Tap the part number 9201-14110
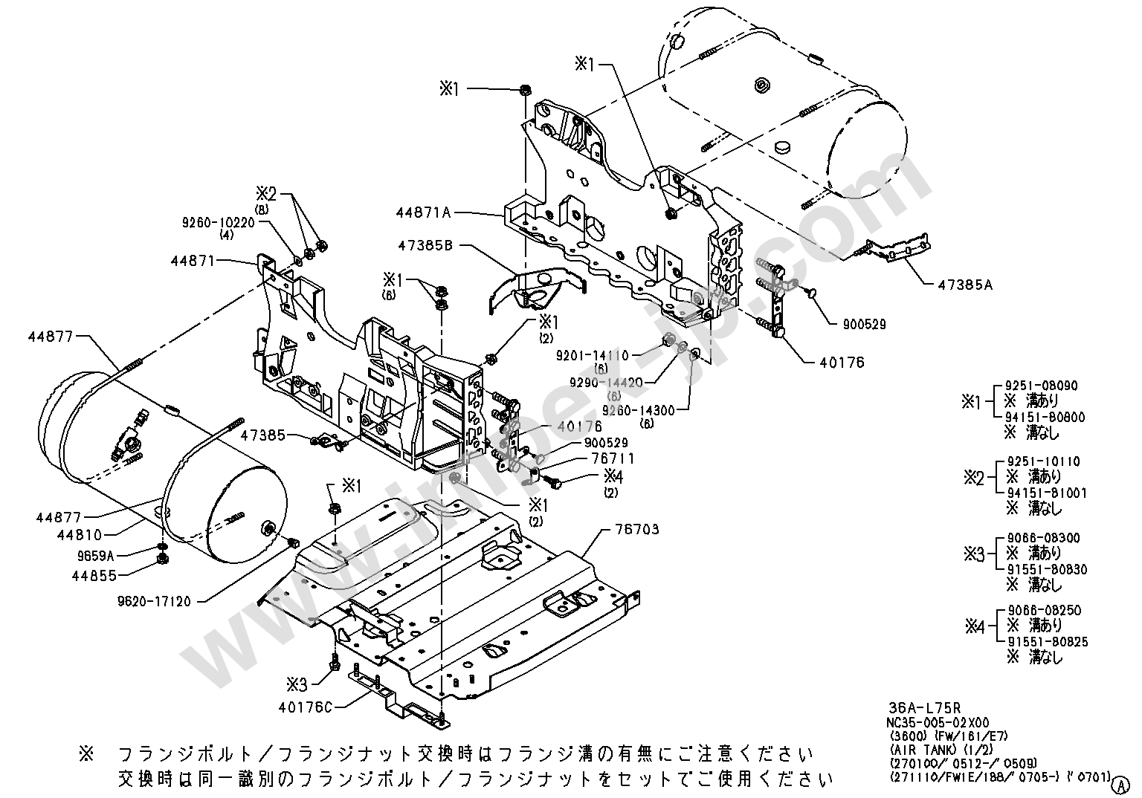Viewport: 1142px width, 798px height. pos(592,356)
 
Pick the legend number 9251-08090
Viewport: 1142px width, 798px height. pos(1042,386)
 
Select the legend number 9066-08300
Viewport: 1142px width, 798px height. pos(1043,537)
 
